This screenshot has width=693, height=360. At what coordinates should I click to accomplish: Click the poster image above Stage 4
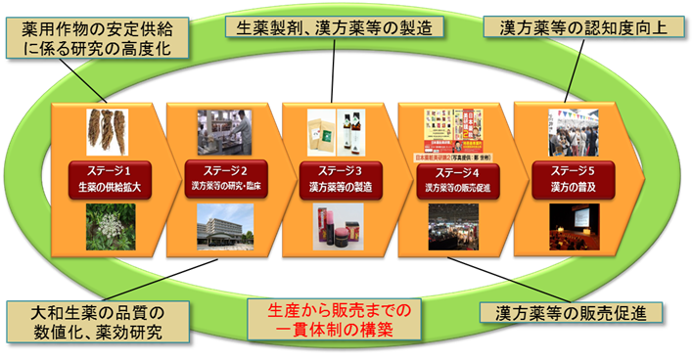[x=454, y=129]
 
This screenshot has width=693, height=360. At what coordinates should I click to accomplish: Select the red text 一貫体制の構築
[x=347, y=331]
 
